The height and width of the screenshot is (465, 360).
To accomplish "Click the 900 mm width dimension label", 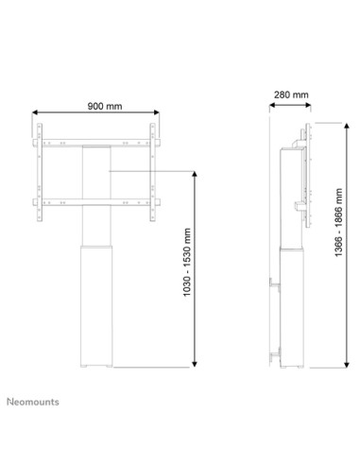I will click(95, 105).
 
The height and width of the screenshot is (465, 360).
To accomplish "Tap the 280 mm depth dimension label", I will click(288, 95).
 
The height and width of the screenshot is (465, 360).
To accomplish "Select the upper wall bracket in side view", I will click(275, 284).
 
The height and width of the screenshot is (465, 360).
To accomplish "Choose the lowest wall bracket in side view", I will click(275, 353).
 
